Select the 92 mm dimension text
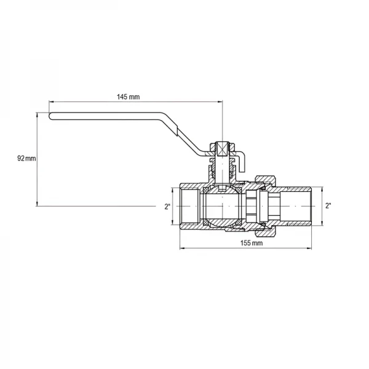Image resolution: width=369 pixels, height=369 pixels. point(26,159)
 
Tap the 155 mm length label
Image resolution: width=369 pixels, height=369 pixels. point(248,243)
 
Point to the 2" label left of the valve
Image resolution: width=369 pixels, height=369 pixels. point(168,207)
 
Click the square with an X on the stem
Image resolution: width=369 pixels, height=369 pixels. point(222,149)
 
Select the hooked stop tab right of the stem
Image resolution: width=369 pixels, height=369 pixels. point(242,162)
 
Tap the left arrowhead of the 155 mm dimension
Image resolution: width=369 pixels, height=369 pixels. point(181,249)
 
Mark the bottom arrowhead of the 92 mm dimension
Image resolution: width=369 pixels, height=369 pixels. point(38,204)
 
